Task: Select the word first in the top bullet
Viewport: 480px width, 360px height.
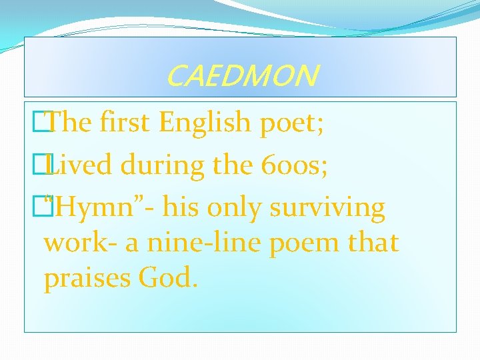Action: tap(125, 123)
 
